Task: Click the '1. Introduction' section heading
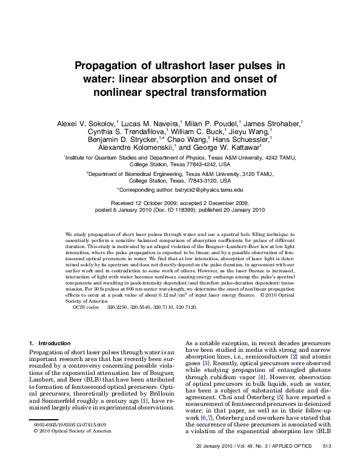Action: (50, 344)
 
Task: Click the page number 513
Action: (325, 463)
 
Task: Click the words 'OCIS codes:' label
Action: (85, 308)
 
